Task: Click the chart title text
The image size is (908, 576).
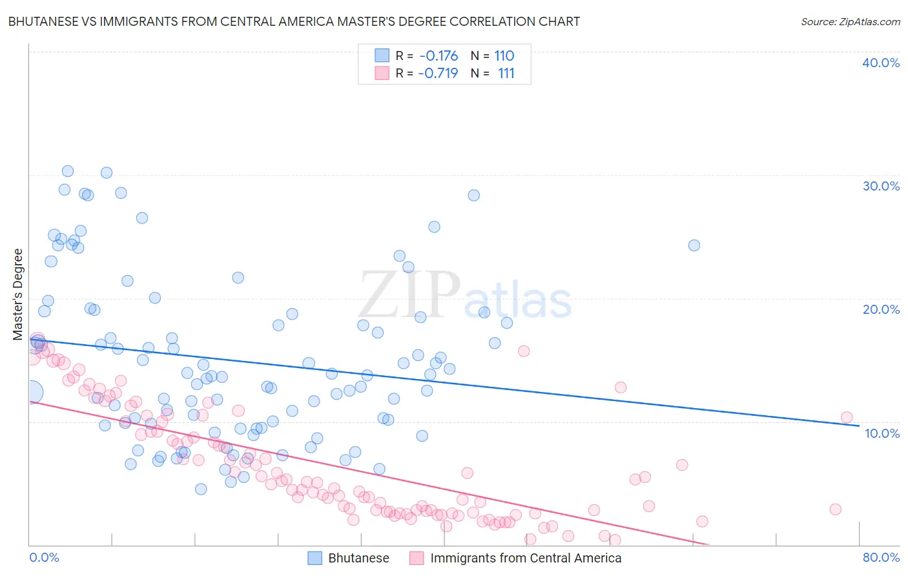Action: (294, 21)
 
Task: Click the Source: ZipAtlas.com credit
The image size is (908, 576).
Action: (850, 21)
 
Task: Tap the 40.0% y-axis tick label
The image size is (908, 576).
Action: (880, 63)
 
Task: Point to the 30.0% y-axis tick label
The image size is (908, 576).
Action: (880, 186)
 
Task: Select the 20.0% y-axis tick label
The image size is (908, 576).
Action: (880, 309)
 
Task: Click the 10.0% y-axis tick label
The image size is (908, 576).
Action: (882, 433)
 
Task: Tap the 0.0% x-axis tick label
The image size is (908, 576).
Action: (44, 557)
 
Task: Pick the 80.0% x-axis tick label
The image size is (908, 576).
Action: (881, 557)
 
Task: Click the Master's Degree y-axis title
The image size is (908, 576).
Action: (17, 294)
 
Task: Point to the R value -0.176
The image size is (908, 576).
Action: (439, 56)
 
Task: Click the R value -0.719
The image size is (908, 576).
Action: (439, 73)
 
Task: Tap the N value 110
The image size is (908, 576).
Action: (504, 56)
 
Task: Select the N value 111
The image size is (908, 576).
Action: (506, 73)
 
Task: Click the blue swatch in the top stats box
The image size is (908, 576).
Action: (382, 56)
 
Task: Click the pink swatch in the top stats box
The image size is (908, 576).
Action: (382, 73)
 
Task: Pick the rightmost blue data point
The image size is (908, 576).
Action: (694, 245)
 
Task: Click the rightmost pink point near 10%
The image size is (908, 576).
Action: (847, 418)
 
